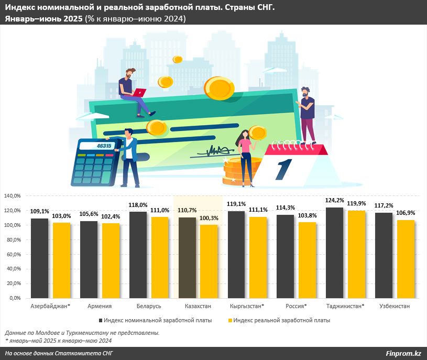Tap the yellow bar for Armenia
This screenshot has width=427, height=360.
[x=111, y=260]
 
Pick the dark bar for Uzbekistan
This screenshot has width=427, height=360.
[x=384, y=255]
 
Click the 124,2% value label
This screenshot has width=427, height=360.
[x=334, y=200]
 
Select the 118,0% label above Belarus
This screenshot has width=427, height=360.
[x=138, y=205]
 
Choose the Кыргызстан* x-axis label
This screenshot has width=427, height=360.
[x=247, y=306]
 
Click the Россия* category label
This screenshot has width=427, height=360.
[x=296, y=306]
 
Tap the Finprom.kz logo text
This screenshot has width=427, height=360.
[x=403, y=354]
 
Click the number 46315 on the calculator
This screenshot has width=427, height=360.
[x=104, y=146]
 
